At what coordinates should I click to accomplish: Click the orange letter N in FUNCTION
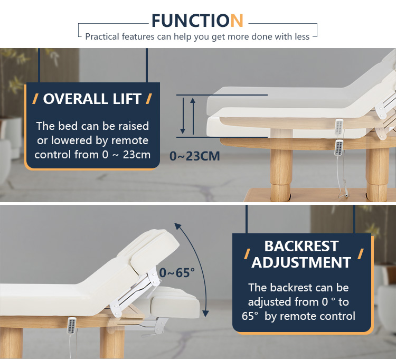pyautogui.click(x=237, y=21)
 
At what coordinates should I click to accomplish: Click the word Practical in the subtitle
pyautogui.click(x=102, y=36)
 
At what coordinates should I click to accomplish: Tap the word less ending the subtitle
pyautogui.click(x=302, y=36)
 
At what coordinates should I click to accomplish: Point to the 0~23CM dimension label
pyautogui.click(x=194, y=156)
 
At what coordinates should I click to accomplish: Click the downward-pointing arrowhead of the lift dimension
pyautogui.click(x=183, y=131)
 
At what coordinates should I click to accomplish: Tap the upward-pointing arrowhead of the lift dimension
pyautogui.click(x=193, y=101)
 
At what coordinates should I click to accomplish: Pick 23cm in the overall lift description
pyautogui.click(x=137, y=155)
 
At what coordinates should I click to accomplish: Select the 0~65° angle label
pyautogui.click(x=177, y=273)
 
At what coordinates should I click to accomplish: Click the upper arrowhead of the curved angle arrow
pyautogui.click(x=177, y=226)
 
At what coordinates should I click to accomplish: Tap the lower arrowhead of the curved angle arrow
pyautogui.click(x=206, y=314)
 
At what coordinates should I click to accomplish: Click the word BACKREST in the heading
pyautogui.click(x=301, y=246)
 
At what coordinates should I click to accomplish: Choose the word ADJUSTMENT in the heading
pyautogui.click(x=301, y=262)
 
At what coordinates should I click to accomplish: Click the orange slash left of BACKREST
pyautogui.click(x=247, y=254)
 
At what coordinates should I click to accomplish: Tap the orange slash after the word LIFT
pyautogui.click(x=149, y=99)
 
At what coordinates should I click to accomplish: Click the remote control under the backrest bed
pyautogui.click(x=72, y=325)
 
